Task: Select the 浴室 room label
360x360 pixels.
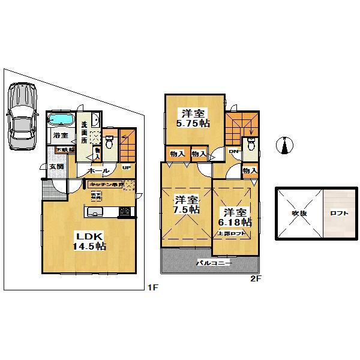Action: coord(59,136)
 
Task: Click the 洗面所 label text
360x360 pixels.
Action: coord(85,130)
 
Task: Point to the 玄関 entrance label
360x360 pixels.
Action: coord(56,166)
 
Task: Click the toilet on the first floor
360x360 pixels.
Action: coord(109,142)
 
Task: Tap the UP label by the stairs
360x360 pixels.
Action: coord(127,167)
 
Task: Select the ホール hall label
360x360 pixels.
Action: coord(98,170)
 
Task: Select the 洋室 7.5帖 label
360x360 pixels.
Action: coord(186,204)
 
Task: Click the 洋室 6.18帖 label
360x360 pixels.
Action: coord(235,217)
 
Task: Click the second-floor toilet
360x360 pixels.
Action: coord(250,144)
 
